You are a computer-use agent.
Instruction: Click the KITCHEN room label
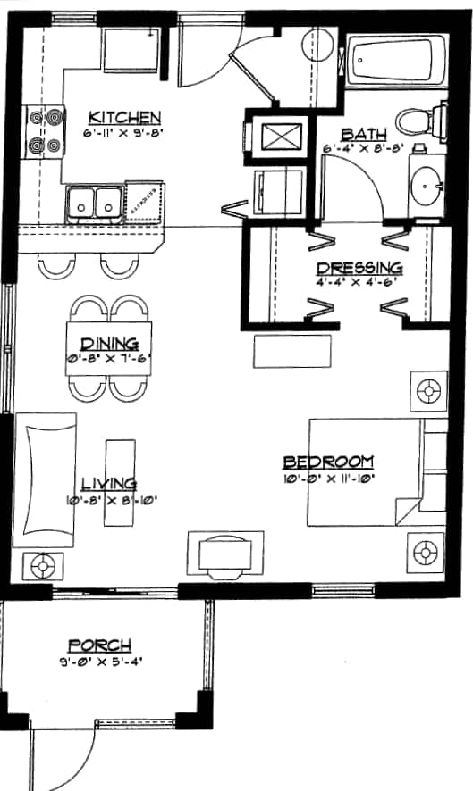click(124, 117)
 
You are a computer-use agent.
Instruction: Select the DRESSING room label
click(359, 268)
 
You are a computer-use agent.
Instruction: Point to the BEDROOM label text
click(328, 462)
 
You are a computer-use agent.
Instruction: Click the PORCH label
click(100, 645)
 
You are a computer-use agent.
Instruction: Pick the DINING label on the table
click(109, 344)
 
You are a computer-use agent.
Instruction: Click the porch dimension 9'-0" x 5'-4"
click(100, 662)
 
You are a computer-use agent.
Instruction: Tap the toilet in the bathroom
click(419, 121)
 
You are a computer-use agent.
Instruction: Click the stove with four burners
click(46, 129)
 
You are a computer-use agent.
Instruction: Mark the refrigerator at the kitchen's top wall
click(132, 49)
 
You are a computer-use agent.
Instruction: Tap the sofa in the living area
click(48, 478)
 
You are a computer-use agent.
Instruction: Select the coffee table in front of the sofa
click(118, 483)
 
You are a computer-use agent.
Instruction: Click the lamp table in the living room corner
click(40, 565)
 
